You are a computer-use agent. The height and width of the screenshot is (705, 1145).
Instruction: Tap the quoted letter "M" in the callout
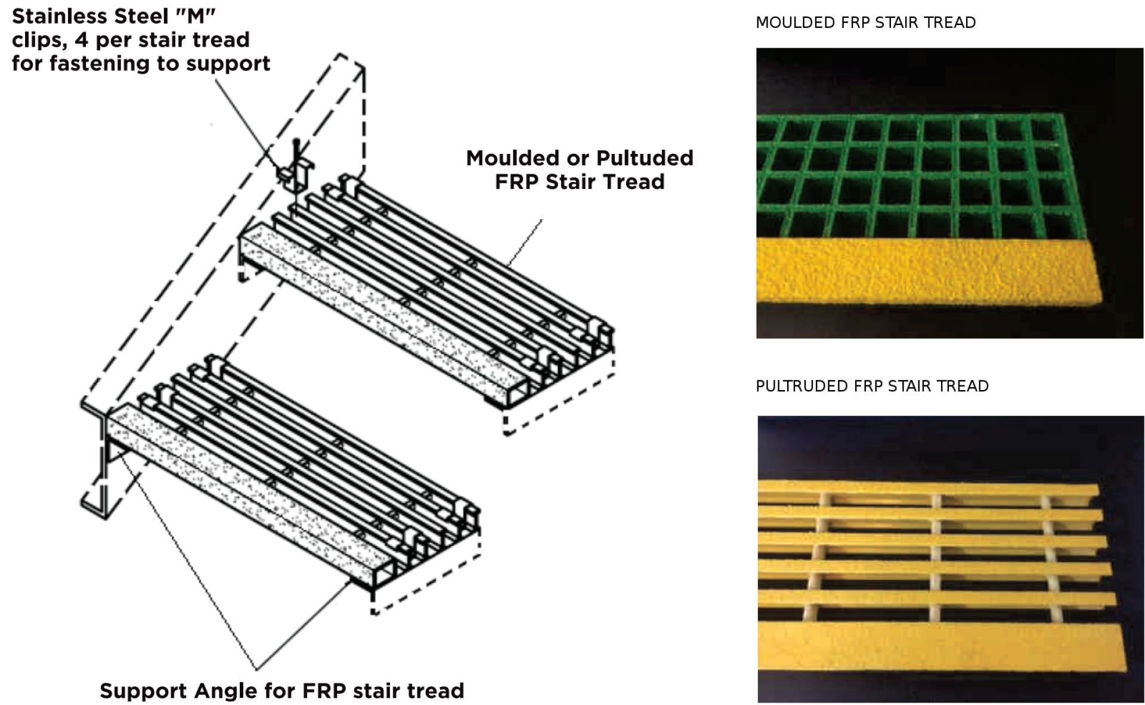click(197, 16)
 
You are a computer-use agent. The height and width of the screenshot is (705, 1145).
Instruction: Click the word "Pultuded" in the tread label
click(645, 158)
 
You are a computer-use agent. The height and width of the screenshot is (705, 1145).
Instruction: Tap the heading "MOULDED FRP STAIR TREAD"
click(865, 23)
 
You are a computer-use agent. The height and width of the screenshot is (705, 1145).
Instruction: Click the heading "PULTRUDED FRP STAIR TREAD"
click(872, 386)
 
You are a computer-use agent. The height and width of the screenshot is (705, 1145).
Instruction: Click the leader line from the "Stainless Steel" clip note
click(247, 125)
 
